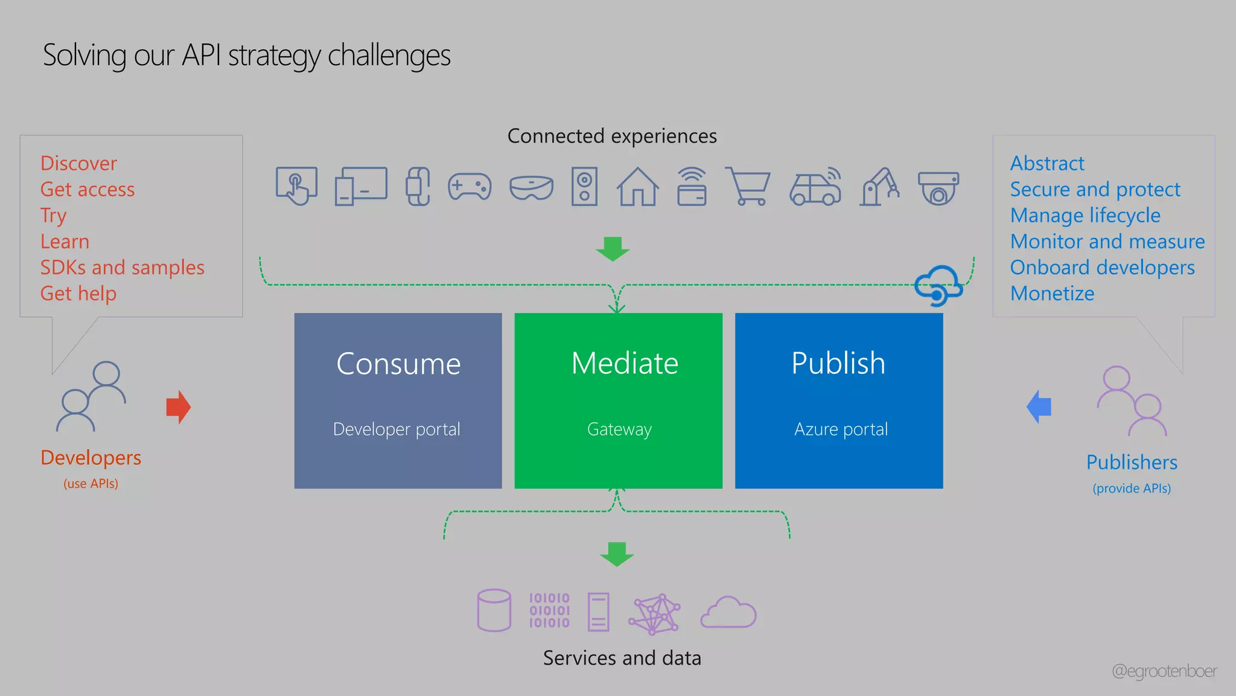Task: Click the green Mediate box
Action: [x=618, y=400]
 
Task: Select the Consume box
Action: [x=398, y=400]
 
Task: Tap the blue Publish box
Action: [x=838, y=400]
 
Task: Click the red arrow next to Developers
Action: [x=179, y=407]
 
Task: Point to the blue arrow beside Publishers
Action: [x=1039, y=407]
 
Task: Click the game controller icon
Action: [x=470, y=187]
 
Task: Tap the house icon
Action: [x=637, y=187]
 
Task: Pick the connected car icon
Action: [x=815, y=187]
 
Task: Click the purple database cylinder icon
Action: [x=494, y=610]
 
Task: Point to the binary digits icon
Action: [x=549, y=610]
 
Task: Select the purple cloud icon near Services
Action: [x=728, y=613]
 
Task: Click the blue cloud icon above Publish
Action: [x=938, y=285]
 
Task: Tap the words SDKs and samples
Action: [x=123, y=267]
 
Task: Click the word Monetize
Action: [x=1052, y=293]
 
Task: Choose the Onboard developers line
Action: [x=1102, y=267]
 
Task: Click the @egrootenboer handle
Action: [x=1164, y=671]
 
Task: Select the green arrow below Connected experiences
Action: [x=613, y=248]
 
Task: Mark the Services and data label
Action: [x=622, y=657]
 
